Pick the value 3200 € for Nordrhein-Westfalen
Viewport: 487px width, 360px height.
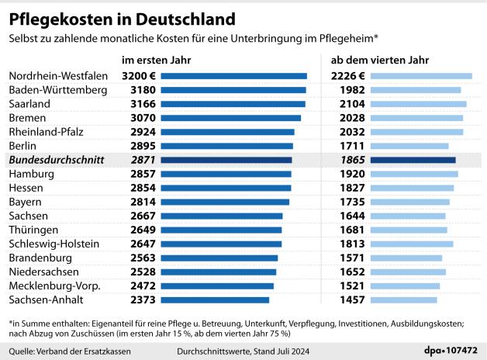pyautogui.click(x=140, y=76)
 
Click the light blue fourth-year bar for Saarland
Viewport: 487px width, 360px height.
pyautogui.click(x=419, y=104)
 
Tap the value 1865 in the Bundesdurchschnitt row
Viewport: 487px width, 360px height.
pyautogui.click(x=351, y=160)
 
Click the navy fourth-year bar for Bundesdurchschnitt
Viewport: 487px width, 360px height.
pyautogui.click(x=413, y=160)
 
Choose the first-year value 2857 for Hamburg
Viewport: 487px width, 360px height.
pyautogui.click(x=144, y=174)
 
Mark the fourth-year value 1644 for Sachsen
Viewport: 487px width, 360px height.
pyautogui.click(x=351, y=216)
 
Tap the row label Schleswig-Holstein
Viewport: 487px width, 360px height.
pyautogui.click(x=54, y=244)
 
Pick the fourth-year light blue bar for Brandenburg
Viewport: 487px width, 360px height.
pyautogui.click(x=406, y=258)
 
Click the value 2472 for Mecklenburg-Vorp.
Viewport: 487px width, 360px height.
pyautogui.click(x=144, y=286)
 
